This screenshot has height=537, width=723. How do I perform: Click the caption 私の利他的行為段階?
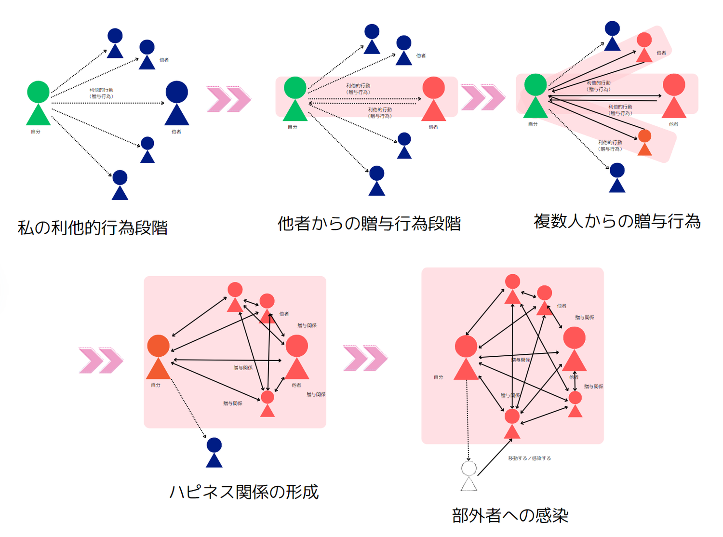click(93, 228)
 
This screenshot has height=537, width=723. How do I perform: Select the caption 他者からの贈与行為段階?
click(369, 224)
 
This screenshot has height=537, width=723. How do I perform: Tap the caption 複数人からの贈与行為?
click(617, 221)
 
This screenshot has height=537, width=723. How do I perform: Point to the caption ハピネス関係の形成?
click(244, 492)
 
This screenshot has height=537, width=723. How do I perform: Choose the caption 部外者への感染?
click(510, 515)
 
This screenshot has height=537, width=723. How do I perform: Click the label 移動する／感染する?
click(529, 458)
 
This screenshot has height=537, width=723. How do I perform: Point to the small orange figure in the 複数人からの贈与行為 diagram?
click(644, 143)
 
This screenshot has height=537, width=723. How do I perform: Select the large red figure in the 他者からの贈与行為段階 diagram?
click(433, 99)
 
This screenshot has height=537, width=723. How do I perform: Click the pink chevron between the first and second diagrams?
click(228, 99)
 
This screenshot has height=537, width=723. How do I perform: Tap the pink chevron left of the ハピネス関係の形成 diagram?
click(101, 360)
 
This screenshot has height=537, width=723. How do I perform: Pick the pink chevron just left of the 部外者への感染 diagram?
click(365, 358)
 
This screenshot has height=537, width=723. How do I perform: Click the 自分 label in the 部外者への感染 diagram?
click(438, 377)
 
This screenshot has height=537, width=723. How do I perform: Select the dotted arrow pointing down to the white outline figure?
click(468, 419)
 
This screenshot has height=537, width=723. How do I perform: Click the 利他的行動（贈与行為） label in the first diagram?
click(101, 93)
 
